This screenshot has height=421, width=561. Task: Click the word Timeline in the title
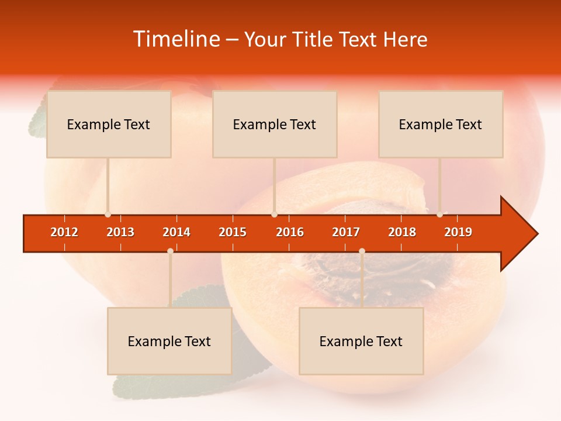[x=176, y=39]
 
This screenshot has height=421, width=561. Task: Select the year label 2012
[x=64, y=232]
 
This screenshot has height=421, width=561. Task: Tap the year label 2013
[x=120, y=232]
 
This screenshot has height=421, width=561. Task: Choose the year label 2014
[x=176, y=232]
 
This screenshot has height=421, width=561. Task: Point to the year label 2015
[x=233, y=232]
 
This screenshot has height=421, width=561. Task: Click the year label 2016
[x=290, y=232]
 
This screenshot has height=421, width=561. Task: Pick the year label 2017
[x=346, y=232]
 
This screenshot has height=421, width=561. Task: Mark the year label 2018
[x=402, y=232]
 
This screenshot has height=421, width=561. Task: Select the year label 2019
[x=458, y=232]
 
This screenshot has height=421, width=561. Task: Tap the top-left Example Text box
[x=109, y=124]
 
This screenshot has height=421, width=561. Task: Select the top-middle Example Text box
[x=275, y=124]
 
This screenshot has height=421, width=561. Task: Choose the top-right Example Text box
[x=441, y=124]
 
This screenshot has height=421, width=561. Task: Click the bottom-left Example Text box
[x=169, y=341]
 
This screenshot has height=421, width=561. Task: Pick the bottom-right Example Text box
[x=361, y=341]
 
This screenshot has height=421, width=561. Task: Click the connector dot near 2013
[x=108, y=215]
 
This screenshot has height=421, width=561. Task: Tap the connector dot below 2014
[x=170, y=251]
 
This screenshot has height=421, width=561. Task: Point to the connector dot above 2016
[x=274, y=215]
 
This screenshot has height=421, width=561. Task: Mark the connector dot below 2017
[x=362, y=251]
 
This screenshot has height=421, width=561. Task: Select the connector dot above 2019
[x=439, y=215]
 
